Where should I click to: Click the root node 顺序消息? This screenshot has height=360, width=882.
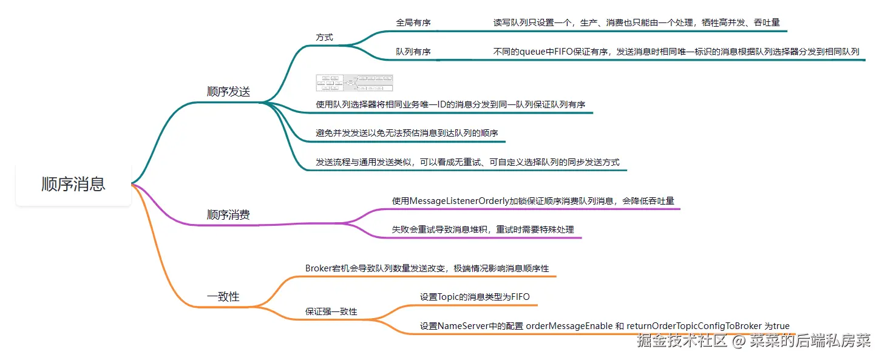tap(73, 184)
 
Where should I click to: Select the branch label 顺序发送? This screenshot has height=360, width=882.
tap(228, 92)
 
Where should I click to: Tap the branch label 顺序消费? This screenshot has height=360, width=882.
tap(228, 215)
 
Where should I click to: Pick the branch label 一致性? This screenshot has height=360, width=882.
tap(223, 297)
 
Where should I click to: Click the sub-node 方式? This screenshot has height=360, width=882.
tap(324, 37)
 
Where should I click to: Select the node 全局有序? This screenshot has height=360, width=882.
tap(413, 22)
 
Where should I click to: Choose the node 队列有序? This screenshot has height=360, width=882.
tap(413, 52)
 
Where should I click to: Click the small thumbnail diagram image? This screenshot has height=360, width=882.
tap(354, 83)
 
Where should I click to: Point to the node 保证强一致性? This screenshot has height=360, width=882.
tap(331, 311)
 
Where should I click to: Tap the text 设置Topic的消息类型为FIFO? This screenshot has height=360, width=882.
tap(475, 297)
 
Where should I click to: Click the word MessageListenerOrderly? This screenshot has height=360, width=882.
tap(460, 200)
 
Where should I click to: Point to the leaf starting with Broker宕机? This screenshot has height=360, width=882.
tap(427, 268)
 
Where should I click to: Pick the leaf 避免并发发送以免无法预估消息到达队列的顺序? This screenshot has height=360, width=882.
tap(407, 133)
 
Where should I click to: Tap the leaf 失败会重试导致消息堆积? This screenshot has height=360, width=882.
tap(483, 229)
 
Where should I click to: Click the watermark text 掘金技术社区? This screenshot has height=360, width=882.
tap(682, 341)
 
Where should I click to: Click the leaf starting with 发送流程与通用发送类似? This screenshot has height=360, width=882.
tap(467, 162)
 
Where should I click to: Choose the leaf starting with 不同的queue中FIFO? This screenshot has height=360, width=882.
tap(676, 52)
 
